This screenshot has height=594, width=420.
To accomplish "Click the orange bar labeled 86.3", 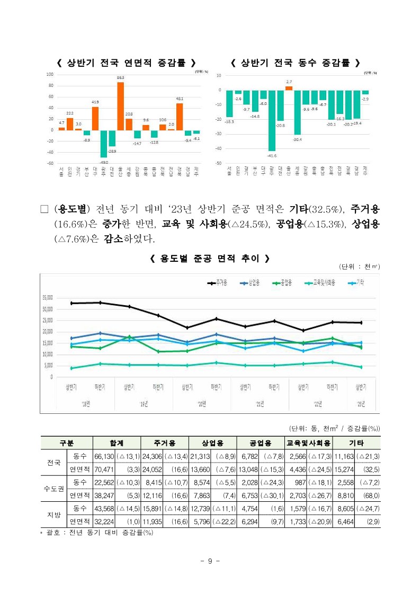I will coord(121,106).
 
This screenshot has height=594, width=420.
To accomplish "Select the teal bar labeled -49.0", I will coord(103,144).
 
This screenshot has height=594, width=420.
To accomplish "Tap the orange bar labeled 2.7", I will coord(289,88).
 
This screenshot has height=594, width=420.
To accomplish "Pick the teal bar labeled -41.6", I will coord(272,120).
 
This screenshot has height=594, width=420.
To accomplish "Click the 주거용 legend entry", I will coord(218,283).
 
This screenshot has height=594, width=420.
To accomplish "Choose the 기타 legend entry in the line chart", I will coord(356,283).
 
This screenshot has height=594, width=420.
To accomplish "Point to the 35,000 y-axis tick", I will coord(50,298).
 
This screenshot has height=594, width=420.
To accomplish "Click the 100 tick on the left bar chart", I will coord(50,74).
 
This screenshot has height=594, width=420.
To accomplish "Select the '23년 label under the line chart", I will coord(361,404).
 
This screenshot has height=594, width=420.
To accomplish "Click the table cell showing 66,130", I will coord(104,456).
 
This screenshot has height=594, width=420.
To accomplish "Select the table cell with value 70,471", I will coord(104,469).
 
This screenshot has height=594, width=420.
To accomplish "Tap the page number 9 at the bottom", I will coord(210,561).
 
